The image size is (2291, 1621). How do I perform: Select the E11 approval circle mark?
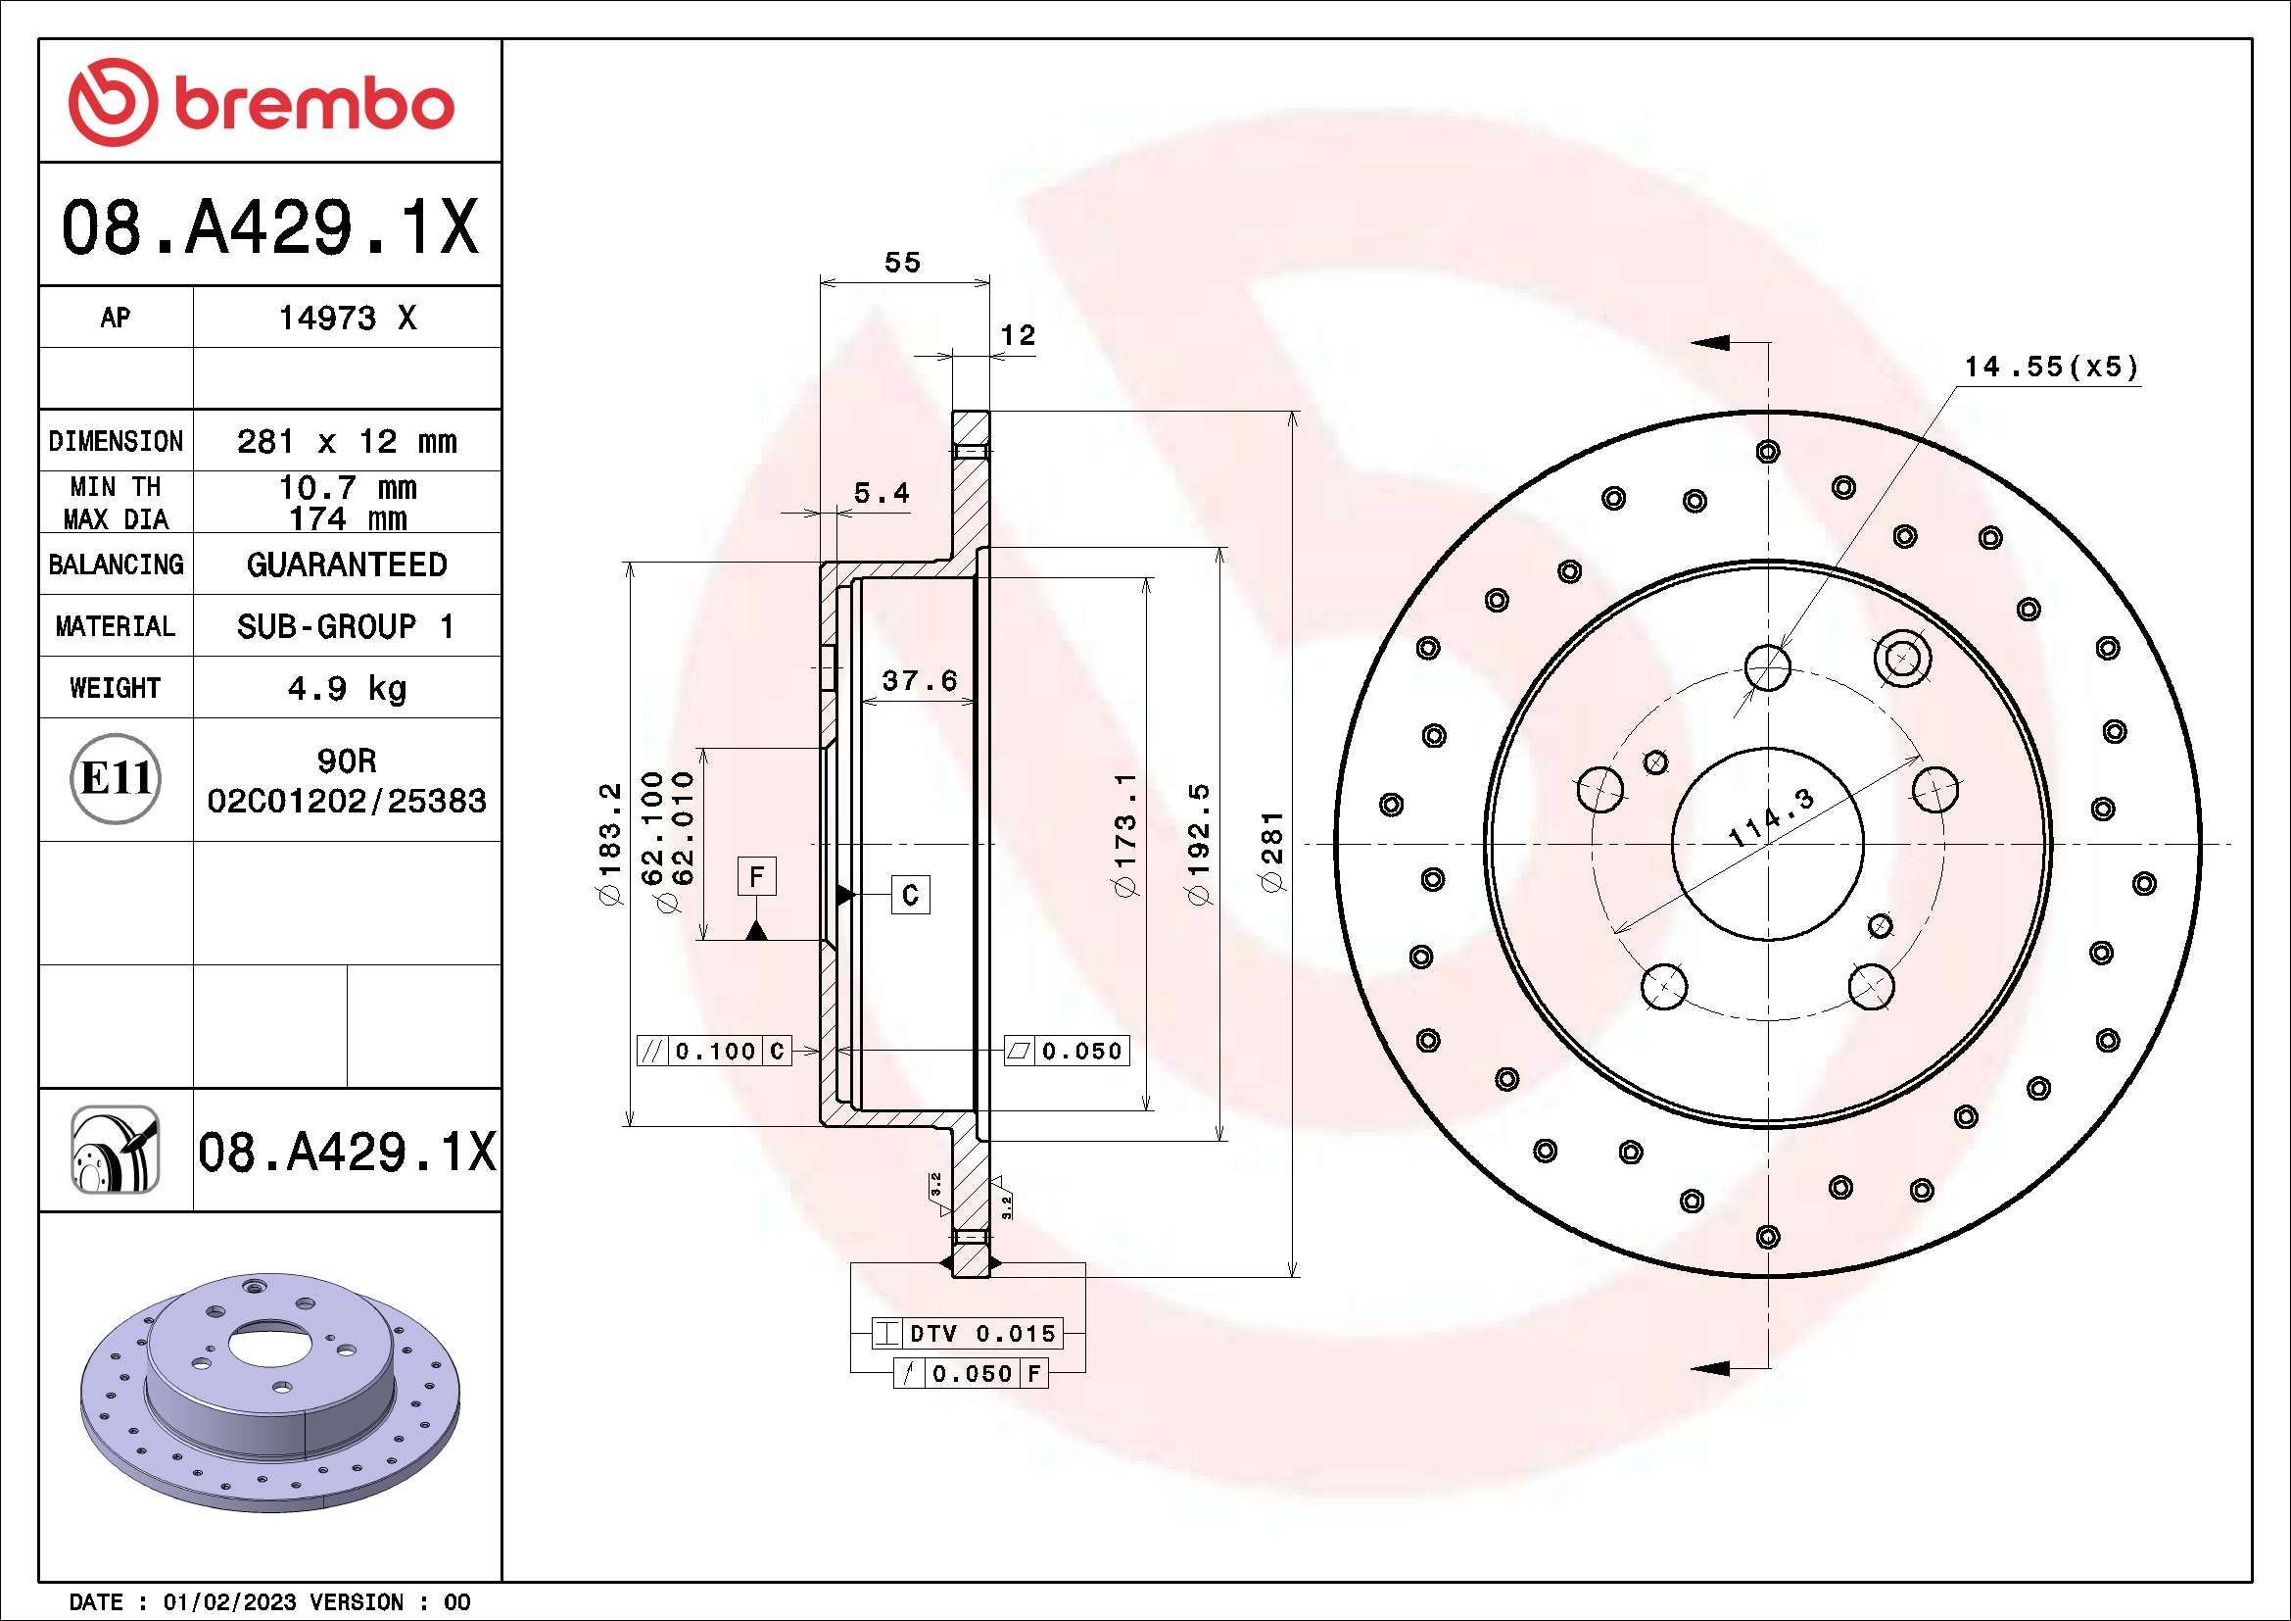(116, 778)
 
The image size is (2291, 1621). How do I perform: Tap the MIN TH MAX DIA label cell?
(116, 502)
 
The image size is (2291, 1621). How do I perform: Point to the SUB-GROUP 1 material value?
(346, 626)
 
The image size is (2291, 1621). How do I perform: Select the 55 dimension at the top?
(902, 263)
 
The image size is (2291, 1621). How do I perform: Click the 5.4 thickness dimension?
(882, 493)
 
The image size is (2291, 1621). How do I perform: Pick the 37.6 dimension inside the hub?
(919, 681)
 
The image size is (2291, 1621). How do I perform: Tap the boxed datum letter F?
(756, 877)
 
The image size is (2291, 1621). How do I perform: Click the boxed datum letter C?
(910, 895)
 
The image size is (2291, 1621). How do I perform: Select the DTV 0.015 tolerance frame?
(967, 1333)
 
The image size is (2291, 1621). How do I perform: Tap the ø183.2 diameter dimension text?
(609, 845)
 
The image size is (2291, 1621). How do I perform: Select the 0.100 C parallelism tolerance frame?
(714, 1050)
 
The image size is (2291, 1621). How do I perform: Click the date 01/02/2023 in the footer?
(229, 1602)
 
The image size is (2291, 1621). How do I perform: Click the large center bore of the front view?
(1767, 845)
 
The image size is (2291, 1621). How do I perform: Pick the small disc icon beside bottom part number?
(115, 1150)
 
